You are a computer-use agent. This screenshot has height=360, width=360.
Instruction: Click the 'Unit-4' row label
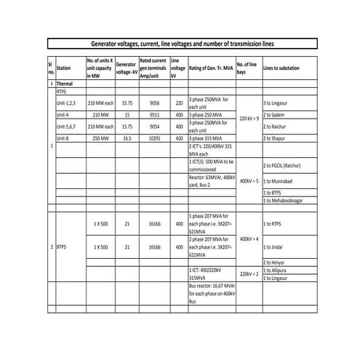coord(65,115)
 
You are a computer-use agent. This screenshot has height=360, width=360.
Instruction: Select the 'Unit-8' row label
coord(65,137)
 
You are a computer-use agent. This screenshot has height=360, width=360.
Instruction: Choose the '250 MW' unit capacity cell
coord(100,137)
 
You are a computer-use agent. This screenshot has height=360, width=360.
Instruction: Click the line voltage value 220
coord(179,103)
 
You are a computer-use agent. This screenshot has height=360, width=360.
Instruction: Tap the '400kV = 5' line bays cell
coord(249,179)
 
